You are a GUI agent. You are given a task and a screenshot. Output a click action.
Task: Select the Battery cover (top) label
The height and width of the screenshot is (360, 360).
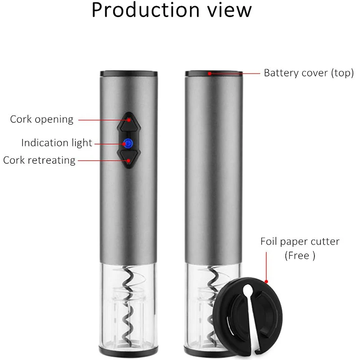pos(309,73)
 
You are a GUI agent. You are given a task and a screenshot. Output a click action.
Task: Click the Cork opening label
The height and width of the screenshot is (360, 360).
pos(41,119)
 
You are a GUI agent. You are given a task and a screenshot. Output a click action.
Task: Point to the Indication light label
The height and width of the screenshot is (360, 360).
pos(57,143)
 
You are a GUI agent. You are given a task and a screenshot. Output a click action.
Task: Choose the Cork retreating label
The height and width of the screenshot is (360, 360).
pos(40,160)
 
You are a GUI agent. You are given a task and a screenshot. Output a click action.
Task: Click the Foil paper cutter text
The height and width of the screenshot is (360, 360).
pos(300,242)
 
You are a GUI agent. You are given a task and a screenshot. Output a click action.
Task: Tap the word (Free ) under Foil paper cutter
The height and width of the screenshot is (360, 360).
pos(300,256)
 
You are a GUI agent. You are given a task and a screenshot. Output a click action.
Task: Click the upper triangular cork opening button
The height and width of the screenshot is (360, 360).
pos(128,121)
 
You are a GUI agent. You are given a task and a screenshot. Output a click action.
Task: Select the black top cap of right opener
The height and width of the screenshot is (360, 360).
pos(214,72)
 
